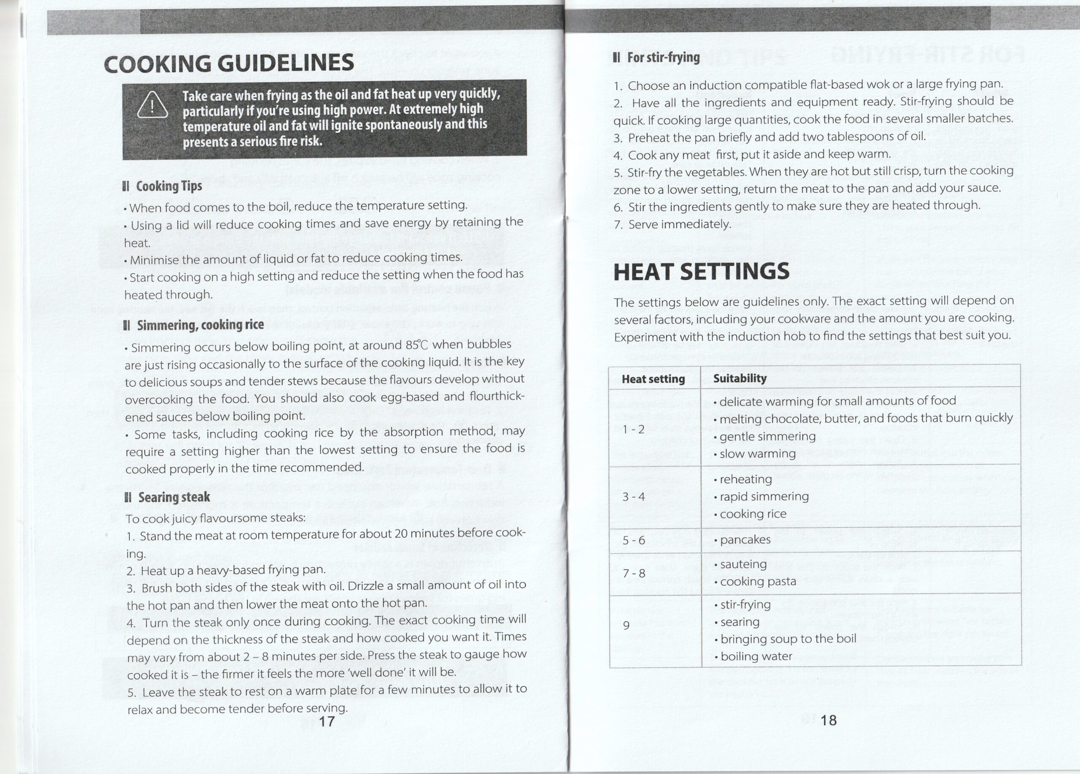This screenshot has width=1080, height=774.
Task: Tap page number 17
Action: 327,722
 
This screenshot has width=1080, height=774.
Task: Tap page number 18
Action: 829,720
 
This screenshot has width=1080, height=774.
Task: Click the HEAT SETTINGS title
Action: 701,272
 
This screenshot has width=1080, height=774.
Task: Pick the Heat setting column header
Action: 653,379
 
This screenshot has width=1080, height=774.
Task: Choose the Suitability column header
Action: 740,378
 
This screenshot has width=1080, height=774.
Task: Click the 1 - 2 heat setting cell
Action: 633,429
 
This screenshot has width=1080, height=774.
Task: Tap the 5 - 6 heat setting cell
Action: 634,540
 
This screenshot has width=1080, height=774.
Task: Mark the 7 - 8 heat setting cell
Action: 634,573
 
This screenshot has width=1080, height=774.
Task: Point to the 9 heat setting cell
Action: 626,625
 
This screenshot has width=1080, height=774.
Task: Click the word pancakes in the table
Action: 745,540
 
